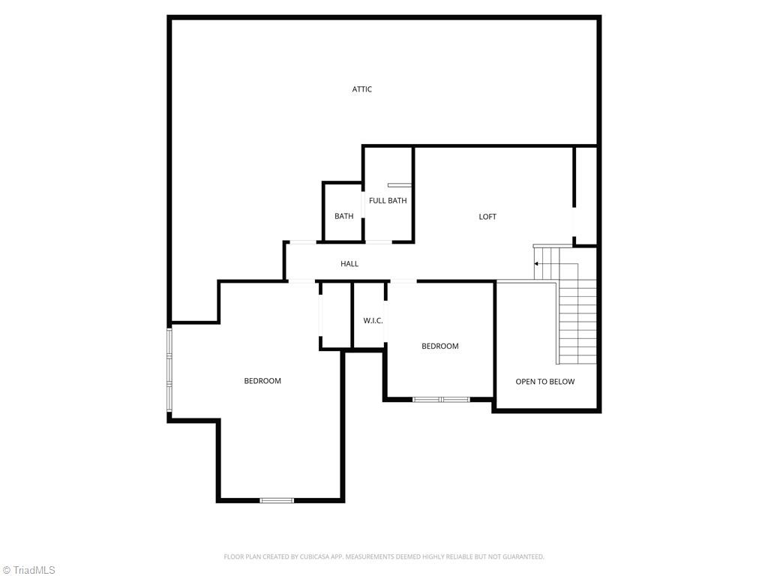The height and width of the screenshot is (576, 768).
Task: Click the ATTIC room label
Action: tap(362, 89)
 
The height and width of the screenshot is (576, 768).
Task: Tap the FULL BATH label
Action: tap(388, 200)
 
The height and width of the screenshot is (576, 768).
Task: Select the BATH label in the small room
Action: tap(344, 217)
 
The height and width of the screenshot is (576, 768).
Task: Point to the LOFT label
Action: tap(487, 217)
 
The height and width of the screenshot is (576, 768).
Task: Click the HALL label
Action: tap(349, 264)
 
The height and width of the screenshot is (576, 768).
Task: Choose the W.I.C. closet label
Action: tap(373, 321)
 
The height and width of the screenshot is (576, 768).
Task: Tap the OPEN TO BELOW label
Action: tap(545, 382)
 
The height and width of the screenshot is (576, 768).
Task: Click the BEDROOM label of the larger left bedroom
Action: tap(262, 381)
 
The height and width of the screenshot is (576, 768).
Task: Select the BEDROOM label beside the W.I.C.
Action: tap(440, 346)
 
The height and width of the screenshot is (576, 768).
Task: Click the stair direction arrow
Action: tap(536, 264)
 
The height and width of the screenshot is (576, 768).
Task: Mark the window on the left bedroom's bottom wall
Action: tap(277, 500)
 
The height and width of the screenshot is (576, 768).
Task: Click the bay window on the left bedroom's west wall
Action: tap(169, 371)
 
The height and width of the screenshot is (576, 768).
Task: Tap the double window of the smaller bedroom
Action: tap(441, 400)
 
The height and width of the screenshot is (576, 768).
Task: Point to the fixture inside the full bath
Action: tap(400, 184)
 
